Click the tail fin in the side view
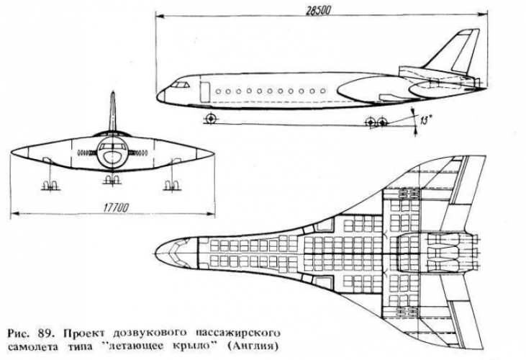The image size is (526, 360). (x=456, y=50)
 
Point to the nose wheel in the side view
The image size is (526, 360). (x=210, y=117)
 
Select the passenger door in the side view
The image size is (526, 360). (x=204, y=90)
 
